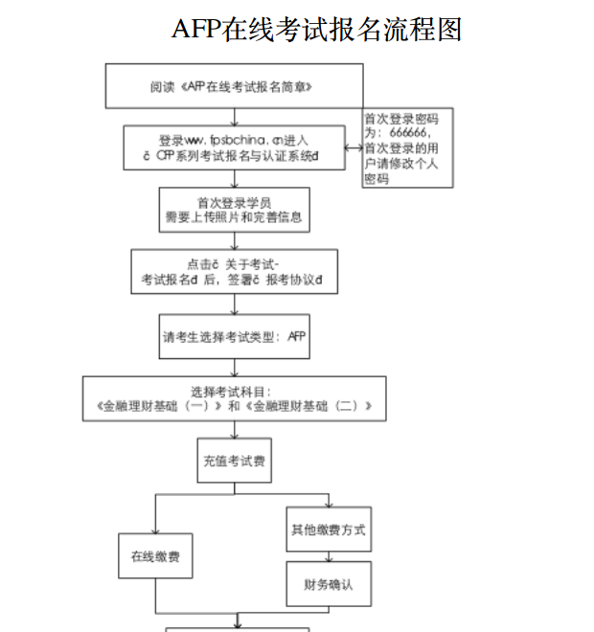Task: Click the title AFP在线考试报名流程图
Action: (x=316, y=30)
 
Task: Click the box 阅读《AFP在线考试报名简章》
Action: (x=234, y=86)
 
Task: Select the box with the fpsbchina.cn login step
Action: (x=234, y=147)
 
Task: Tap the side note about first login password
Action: (x=406, y=147)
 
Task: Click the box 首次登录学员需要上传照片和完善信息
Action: (x=234, y=210)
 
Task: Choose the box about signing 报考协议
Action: (x=234, y=272)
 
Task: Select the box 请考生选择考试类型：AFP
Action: (x=234, y=336)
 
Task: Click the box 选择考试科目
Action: (x=234, y=398)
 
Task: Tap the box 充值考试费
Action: (x=234, y=462)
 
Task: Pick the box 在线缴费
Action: (x=155, y=556)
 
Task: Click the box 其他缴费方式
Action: (x=328, y=530)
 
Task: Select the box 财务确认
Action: (x=328, y=584)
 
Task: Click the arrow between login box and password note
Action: (x=354, y=148)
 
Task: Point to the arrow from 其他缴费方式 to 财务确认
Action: (x=328, y=555)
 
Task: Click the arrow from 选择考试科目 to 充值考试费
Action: (x=234, y=430)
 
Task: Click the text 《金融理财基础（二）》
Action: (x=308, y=406)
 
